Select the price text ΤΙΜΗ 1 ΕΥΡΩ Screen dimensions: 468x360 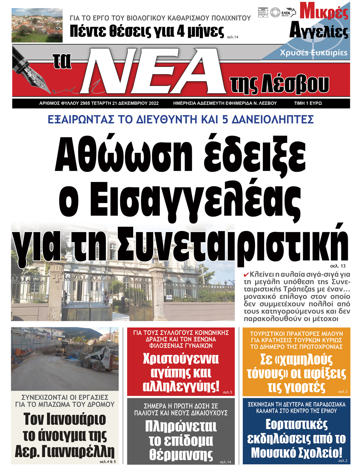(x=308, y=103)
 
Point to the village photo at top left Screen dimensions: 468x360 (x=37, y=26)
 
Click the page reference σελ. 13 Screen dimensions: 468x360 (x=337, y=266)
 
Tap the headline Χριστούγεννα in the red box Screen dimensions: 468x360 (x=181, y=359)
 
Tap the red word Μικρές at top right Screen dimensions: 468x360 (x=324, y=12)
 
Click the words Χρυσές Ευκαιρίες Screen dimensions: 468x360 (x=314, y=53)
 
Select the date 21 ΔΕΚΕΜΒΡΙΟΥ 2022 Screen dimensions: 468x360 (x=135, y=103)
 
